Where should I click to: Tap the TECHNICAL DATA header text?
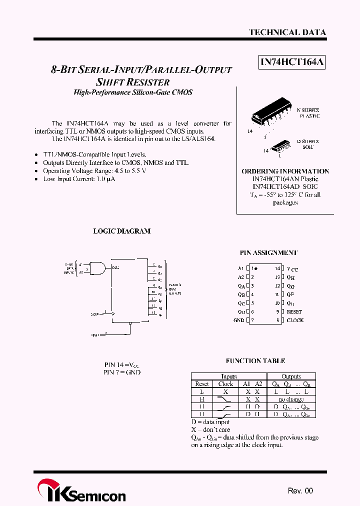coord(287,32)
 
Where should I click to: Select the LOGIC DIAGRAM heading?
coord(122,231)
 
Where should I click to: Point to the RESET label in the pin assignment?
coord(294,311)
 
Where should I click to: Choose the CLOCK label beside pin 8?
coord(295,320)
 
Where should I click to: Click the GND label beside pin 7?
coord(238,320)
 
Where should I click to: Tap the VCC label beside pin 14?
coord(292,269)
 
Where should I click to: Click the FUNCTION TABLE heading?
coord(255,360)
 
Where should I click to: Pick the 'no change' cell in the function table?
coord(291,399)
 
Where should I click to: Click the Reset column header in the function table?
coord(202,384)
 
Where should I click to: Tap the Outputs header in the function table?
coord(291,376)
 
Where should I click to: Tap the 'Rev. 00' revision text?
coord(300,490)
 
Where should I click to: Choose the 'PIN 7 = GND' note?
coord(122,372)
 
